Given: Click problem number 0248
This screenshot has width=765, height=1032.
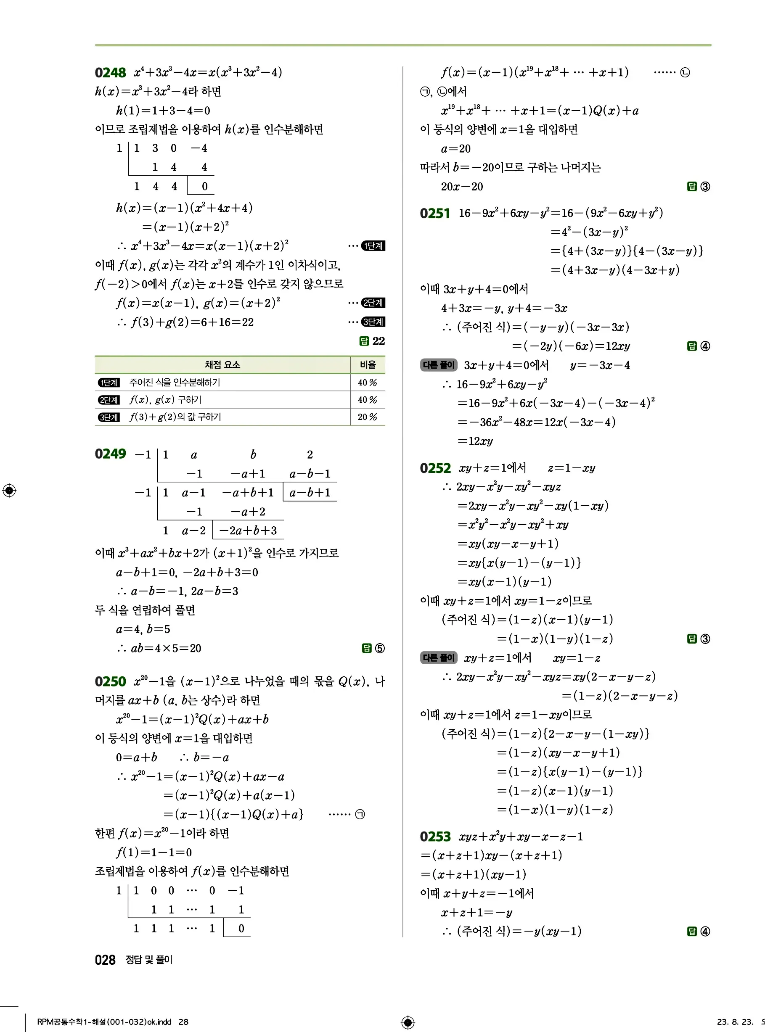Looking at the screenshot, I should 110,73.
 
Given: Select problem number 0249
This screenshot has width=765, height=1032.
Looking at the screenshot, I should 110,454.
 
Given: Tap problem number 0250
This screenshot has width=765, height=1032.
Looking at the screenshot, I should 110,682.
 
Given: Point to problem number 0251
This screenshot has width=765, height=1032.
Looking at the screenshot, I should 435,214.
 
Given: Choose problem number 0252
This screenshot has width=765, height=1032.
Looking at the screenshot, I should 435,468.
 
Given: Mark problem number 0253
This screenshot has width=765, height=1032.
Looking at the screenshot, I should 435,837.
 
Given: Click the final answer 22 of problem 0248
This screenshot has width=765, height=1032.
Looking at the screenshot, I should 379,341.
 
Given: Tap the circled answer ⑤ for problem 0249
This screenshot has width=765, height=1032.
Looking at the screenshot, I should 380,648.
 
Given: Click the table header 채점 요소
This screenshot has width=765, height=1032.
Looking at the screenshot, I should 222,365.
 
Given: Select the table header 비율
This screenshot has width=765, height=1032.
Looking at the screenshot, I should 368,365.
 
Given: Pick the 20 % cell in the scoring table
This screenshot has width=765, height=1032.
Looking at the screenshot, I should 367,417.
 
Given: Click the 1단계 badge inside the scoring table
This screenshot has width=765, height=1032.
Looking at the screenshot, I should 109,383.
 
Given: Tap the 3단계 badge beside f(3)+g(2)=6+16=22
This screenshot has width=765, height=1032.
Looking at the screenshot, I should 373,322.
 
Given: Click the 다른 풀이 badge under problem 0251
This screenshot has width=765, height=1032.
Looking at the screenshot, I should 439,365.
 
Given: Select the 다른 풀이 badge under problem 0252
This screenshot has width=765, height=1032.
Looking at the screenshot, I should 439,657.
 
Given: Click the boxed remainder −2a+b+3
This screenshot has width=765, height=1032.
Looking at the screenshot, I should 248,531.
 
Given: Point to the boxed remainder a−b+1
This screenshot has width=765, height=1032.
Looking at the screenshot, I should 310,493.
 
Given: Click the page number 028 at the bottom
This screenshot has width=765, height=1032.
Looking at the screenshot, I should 105,960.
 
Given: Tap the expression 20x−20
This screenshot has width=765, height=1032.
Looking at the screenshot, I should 462,187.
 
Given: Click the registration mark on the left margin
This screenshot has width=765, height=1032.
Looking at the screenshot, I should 9,490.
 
